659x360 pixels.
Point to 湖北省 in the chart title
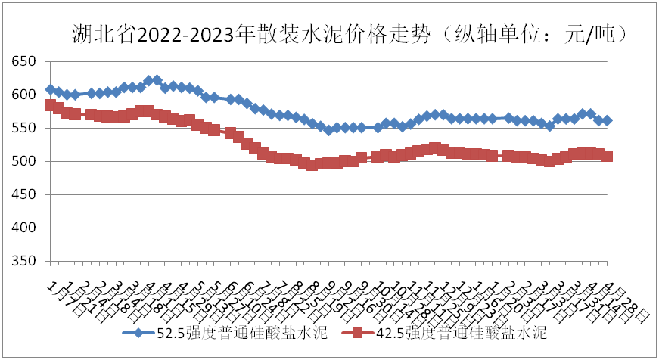coord(104,34)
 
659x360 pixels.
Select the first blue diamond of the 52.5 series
coord(51,89)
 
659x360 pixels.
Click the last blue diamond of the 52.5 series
coord(607,121)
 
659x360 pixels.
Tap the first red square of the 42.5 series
coord(51,105)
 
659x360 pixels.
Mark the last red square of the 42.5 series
coord(607,156)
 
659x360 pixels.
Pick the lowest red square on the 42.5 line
coord(312,165)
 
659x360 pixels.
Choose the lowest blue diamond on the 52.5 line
coord(328,130)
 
